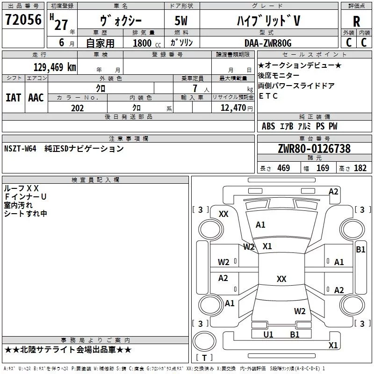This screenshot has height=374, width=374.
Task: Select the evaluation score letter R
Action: (x=356, y=21)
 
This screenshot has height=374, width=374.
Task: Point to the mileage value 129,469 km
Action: (x=55, y=67)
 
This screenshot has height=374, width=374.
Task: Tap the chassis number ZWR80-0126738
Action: (x=314, y=149)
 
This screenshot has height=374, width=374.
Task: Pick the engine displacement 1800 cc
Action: (x=142, y=43)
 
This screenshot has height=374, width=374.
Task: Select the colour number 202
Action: (x=78, y=108)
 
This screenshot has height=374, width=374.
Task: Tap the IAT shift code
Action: (x=13, y=98)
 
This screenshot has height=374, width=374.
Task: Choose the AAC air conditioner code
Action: (x=36, y=98)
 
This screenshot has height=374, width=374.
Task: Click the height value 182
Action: (x=360, y=168)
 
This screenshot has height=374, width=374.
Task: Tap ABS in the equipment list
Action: (x=268, y=126)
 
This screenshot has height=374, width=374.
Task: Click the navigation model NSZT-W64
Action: (x=20, y=149)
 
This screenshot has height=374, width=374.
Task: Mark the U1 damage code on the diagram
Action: (x=268, y=335)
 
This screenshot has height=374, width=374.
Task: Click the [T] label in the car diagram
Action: (x=204, y=358)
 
